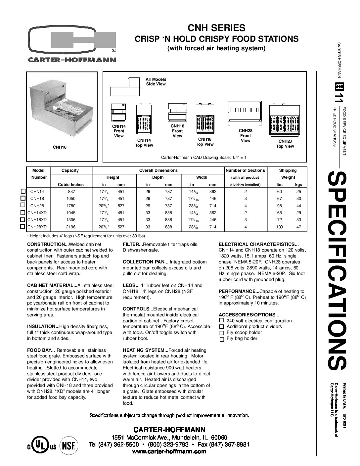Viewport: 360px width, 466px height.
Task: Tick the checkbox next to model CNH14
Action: [23, 191]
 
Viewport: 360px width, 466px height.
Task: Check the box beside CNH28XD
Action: [23, 227]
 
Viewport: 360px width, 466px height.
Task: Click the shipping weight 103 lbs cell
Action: [280, 227]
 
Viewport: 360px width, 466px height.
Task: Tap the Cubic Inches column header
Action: [71, 185]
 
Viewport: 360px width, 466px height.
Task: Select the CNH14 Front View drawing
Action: [118, 113]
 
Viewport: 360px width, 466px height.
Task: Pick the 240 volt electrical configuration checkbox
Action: [222, 320]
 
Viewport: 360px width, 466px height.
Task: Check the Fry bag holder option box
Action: [222, 339]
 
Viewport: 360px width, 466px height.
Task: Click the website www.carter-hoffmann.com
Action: [169, 452]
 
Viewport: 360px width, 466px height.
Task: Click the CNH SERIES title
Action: [216, 27]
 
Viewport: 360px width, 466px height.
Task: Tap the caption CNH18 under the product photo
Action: [60, 147]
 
